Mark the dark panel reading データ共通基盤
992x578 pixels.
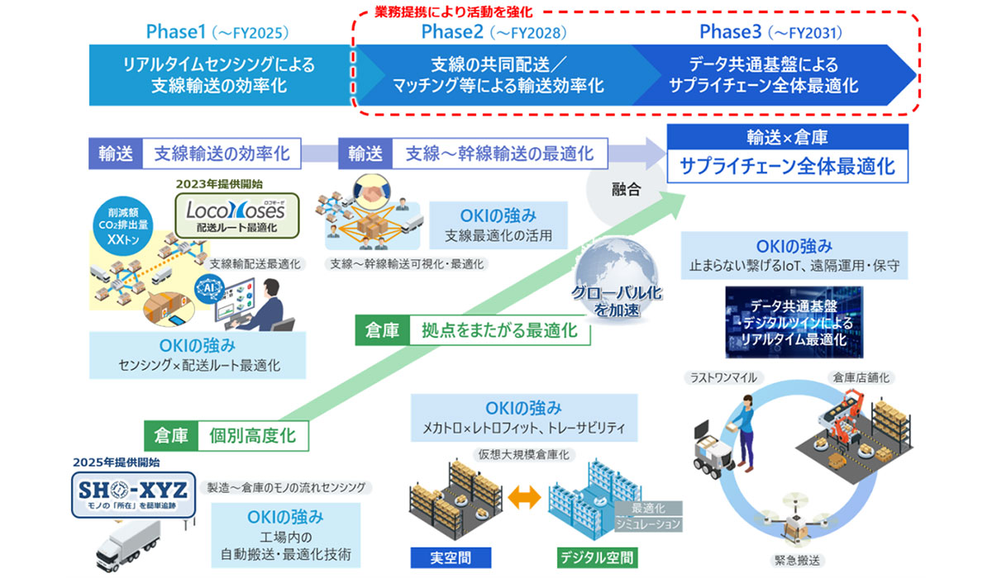click(793, 323)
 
